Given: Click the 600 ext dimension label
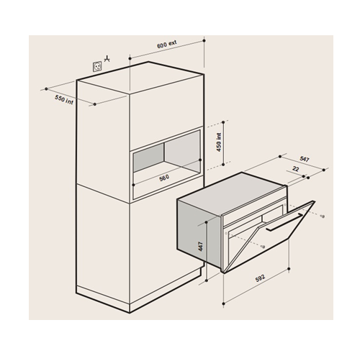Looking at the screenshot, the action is tap(166, 45).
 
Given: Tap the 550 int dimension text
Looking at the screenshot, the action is tap(64, 99).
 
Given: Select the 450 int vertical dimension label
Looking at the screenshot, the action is tap(219, 142).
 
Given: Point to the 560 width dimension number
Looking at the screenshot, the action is tap(164, 178).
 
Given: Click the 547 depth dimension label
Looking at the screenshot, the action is tap(305, 159).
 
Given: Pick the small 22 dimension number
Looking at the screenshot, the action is tap(296, 169).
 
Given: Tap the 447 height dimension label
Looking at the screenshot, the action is tap(200, 247).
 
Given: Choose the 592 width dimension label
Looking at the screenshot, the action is tap(260, 278).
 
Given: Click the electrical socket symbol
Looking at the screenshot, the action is tap(97, 66).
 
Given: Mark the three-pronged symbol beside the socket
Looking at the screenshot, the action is tap(107, 59).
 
